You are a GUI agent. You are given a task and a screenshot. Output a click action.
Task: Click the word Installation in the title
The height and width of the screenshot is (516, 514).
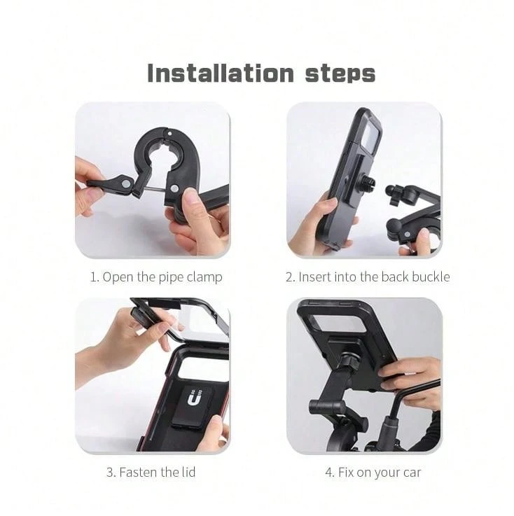click(x=220, y=73)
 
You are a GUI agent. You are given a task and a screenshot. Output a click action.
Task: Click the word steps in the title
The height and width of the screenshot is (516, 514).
click(x=340, y=74)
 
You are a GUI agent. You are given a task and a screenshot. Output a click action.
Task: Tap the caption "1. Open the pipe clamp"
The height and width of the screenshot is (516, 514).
click(x=156, y=277)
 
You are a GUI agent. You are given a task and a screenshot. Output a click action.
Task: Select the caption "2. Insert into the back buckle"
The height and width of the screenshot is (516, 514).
click(x=368, y=277)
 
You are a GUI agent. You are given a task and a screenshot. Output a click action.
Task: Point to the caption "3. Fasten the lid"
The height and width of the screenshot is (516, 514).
click(x=151, y=472)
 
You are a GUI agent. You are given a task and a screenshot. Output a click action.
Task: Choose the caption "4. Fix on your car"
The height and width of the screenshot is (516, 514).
click(x=373, y=473)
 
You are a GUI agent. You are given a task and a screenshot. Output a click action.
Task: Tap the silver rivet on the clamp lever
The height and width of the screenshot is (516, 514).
click(x=126, y=183)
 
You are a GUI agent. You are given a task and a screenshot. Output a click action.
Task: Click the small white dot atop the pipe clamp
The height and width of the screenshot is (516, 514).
click(x=169, y=134)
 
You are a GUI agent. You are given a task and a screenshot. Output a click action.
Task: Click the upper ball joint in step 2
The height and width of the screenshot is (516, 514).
click(x=390, y=190)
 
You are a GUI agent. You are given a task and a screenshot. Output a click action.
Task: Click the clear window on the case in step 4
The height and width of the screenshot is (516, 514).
click(x=339, y=324)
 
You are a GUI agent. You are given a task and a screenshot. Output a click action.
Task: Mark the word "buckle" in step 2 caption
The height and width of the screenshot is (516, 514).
click(x=431, y=277)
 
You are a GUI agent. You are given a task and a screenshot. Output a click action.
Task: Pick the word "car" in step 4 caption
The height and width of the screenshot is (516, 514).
click(x=412, y=473)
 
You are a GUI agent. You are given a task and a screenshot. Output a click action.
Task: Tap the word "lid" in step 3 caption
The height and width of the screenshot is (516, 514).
click(x=188, y=472)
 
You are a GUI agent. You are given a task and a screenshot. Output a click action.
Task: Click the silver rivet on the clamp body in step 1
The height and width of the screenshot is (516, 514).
click(x=175, y=188)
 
